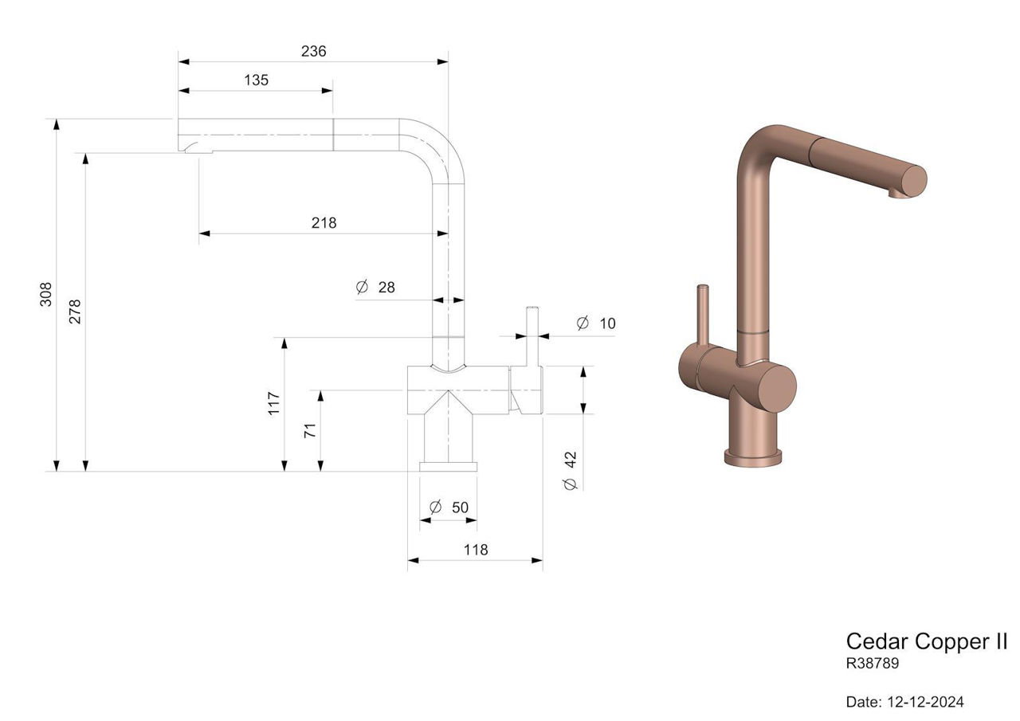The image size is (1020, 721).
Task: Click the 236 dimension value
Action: (313, 51)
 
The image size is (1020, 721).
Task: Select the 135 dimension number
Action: (256, 80)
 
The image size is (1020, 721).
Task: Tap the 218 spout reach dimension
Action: (324, 222)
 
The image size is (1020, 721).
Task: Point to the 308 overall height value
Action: (46, 294)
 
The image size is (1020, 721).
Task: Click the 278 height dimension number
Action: (75, 312)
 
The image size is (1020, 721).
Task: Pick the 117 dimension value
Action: (273, 403)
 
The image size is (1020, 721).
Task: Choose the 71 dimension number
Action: (310, 430)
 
